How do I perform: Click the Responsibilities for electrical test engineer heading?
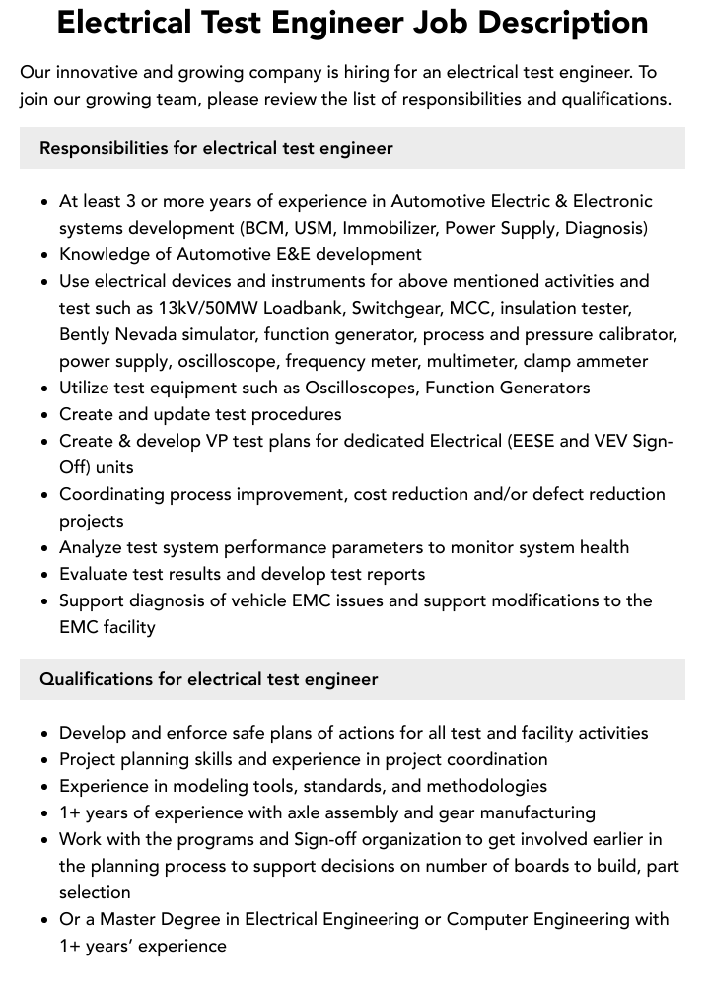[216, 148]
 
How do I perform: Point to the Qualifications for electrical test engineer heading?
[208, 679]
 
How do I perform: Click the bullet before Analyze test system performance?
[44, 547]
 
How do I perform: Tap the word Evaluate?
[93, 574]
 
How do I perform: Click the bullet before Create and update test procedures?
[44, 414]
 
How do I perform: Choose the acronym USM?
[313, 228]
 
